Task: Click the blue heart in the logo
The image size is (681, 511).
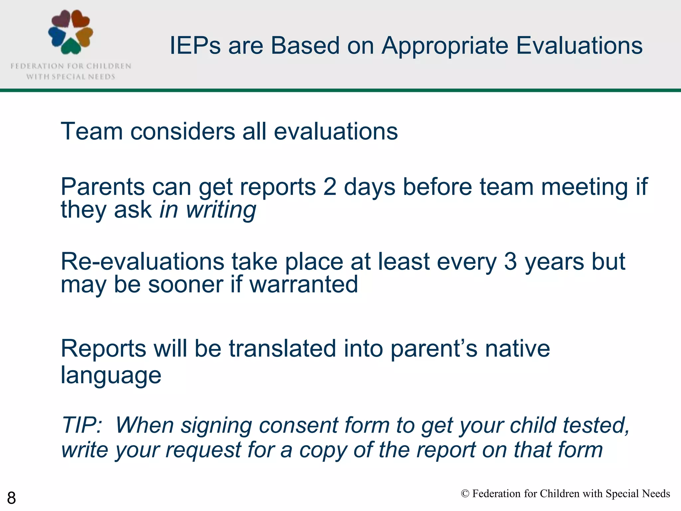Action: coord(57,36)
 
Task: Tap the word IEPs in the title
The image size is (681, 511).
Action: coord(195,46)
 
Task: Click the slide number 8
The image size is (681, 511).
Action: coord(11,498)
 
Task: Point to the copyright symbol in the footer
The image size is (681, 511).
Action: coord(465,494)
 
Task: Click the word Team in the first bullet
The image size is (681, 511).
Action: coord(92,131)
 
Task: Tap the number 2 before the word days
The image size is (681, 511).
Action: coord(330,187)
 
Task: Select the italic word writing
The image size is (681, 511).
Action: coord(221,210)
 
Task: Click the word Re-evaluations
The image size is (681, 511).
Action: coord(142,262)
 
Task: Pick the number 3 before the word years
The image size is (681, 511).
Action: coord(510,262)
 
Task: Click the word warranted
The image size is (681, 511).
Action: coord(304,285)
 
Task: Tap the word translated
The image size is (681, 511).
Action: coord(282,349)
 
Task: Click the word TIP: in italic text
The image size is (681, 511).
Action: coord(82,426)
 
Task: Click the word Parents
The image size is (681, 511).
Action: coord(102,187)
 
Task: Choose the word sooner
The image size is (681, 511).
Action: coord(186,285)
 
